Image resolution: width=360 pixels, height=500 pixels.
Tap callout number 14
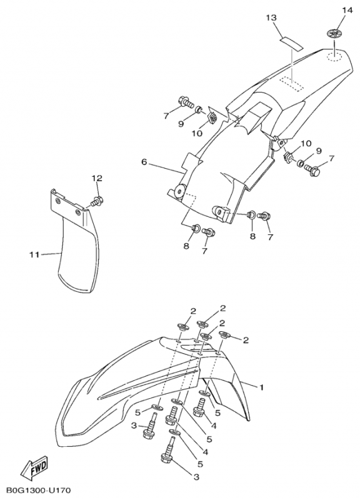[x=347, y=10]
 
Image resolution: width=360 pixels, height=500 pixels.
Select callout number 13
[x=271, y=18]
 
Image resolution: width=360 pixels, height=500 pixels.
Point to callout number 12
[x=97, y=178]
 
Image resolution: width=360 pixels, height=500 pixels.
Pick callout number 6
[x=144, y=162]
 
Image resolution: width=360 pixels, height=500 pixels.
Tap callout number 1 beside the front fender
[x=261, y=387]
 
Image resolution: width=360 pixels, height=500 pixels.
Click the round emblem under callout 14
[x=334, y=33]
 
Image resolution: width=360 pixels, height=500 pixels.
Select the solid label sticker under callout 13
[x=291, y=43]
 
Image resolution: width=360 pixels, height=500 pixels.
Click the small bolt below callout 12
[x=96, y=201]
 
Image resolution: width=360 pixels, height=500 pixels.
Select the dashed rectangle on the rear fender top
[x=291, y=84]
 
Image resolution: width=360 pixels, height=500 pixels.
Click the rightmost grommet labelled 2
[x=224, y=334]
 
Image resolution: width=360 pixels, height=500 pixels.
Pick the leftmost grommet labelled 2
[x=182, y=326]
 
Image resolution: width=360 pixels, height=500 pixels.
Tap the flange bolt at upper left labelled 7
[x=186, y=102]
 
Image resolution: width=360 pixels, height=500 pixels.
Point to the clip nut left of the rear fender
[x=212, y=117]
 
